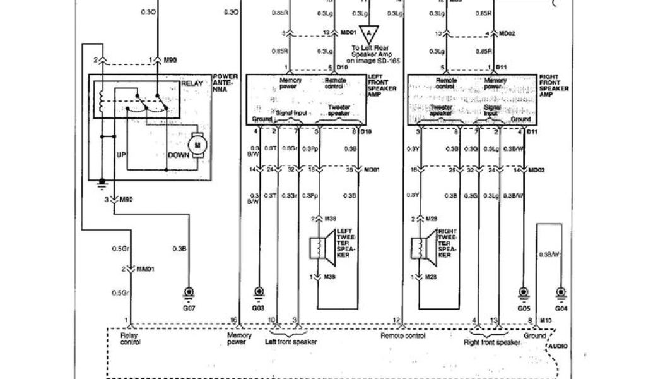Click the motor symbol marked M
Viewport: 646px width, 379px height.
pos(197,145)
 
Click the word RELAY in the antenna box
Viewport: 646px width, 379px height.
pos(191,83)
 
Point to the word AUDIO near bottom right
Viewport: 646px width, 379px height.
pos(558,347)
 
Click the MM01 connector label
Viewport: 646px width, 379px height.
pos(145,269)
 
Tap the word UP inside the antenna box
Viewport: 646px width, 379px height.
pos(122,153)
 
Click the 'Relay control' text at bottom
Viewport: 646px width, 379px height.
pos(130,339)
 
